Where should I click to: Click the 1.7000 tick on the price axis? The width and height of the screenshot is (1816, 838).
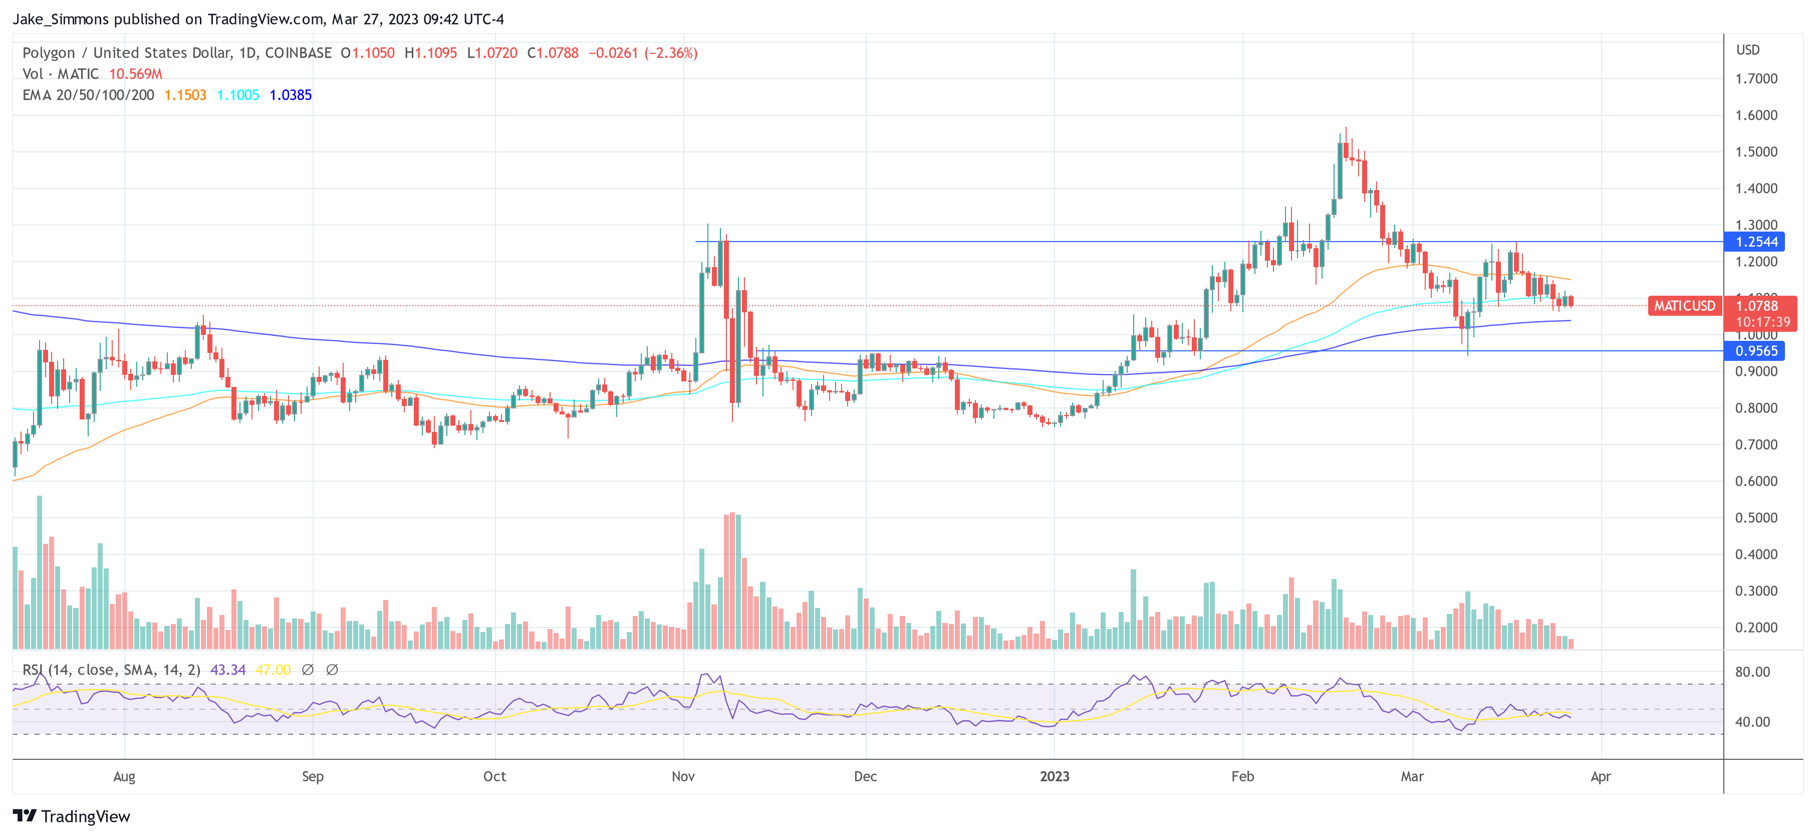coord(1755,78)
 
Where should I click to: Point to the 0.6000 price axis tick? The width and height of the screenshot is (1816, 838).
coord(1755,481)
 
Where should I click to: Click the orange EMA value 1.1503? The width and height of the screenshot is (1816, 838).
coord(185,95)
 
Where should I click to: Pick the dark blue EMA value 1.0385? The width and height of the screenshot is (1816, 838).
coord(291,95)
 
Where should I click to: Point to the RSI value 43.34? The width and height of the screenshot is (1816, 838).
coord(228,670)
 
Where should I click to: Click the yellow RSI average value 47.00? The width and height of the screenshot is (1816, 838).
coord(273,670)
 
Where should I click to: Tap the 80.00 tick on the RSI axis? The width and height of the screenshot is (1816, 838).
coord(1752,672)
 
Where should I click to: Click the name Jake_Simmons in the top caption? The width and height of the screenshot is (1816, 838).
coord(61,19)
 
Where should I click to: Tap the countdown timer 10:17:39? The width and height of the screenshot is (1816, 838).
coord(1762,322)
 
